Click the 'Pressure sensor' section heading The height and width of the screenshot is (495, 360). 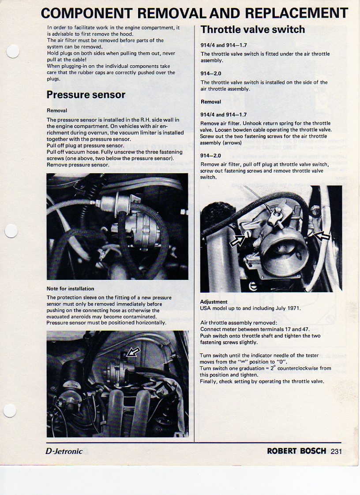click(x=86, y=95)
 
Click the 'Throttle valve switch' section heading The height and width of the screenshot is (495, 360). click(x=252, y=30)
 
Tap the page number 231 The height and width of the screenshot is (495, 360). click(x=336, y=451)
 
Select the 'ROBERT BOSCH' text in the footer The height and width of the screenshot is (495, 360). click(x=296, y=451)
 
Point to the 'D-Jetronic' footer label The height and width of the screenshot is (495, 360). click(x=64, y=451)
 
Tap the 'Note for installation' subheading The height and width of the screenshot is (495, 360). click(x=70, y=289)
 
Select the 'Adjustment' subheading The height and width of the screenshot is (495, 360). click(x=214, y=302)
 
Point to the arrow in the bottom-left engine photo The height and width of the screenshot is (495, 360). click(x=132, y=352)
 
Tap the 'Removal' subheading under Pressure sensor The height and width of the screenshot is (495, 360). click(x=57, y=111)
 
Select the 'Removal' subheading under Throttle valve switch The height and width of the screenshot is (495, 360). click(x=211, y=102)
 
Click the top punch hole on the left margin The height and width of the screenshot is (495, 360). click(x=12, y=52)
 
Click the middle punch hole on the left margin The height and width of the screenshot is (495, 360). click(x=11, y=230)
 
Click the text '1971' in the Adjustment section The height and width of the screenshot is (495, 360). click(x=294, y=308)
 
